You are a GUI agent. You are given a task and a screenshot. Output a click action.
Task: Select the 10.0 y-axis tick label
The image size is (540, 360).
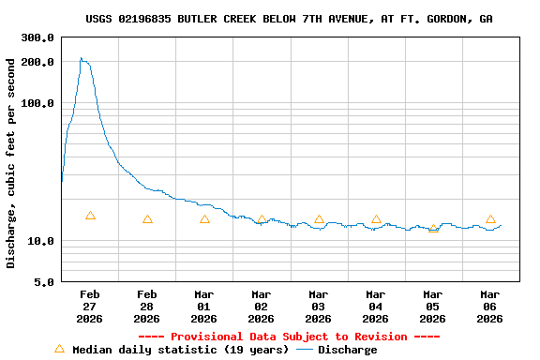[41, 241]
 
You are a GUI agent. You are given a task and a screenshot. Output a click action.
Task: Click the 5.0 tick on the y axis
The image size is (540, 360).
[45, 282]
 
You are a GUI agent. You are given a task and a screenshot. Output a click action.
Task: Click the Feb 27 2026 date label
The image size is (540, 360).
[90, 307]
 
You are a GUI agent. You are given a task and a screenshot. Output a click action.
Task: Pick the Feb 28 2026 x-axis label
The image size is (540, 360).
[147, 307]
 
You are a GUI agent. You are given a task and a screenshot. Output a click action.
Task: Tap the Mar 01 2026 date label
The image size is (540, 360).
[204, 307]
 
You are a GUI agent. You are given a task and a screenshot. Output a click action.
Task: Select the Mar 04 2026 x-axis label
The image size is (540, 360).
[376, 307]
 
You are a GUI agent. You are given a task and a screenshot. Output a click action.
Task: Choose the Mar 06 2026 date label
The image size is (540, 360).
[490, 307]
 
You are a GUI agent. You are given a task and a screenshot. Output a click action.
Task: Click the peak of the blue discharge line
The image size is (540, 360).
[82, 58]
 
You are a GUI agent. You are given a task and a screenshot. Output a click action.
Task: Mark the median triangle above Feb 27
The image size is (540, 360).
[90, 216]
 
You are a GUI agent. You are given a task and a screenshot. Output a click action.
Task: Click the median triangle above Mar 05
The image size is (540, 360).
[433, 228]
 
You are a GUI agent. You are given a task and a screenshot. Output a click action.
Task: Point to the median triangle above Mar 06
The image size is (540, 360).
[490, 219]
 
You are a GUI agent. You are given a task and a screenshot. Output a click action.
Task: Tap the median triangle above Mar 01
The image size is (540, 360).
[204, 219]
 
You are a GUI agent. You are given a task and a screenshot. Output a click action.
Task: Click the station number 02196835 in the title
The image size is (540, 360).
[144, 19]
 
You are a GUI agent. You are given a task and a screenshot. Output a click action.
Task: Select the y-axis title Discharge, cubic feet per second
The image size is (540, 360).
[11, 163]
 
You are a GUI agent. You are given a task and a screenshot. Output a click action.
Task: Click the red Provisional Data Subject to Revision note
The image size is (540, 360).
[289, 337]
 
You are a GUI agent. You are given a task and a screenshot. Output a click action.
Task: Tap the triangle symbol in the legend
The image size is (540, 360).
[59, 349]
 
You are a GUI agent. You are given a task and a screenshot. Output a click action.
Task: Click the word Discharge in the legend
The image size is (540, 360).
[347, 350]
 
